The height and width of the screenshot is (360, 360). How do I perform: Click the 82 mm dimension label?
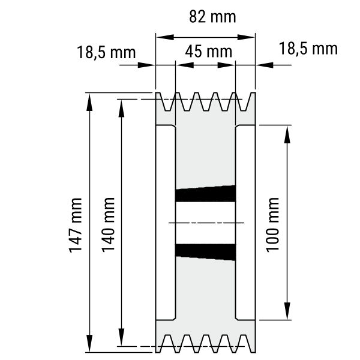pos(212,17)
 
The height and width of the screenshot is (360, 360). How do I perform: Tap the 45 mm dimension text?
pos(208,52)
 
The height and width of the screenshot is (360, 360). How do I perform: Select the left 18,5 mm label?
pos(106,52)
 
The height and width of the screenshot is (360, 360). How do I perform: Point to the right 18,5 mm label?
pos(308,49)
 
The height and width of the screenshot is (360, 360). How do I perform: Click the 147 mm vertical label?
pos(76,225)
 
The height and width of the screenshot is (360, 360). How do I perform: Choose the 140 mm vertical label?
pos(108,225)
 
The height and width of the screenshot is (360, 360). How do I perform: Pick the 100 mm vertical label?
pos(272,225)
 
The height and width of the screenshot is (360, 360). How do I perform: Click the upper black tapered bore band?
pos(205,194)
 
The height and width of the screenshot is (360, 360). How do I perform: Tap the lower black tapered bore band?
pos(205,252)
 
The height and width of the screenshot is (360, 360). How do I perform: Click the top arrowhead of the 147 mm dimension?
pos(89,102)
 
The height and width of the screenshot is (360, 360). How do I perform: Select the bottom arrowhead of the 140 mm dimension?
pos(121,337)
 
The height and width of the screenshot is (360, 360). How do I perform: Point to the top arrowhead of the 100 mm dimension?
pos(287,134)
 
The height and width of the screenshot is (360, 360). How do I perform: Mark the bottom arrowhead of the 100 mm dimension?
pos(287,311)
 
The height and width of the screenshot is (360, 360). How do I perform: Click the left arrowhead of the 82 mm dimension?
pos(165,37)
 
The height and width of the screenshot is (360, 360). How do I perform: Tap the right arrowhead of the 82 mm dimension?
pos(246,37)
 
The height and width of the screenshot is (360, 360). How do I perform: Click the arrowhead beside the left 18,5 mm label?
pos(146,65)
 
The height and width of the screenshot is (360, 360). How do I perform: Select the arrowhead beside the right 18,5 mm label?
pos(265,65)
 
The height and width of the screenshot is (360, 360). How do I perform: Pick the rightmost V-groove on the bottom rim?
pos(244,343)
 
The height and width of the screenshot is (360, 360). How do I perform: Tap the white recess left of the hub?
pos(166,222)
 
